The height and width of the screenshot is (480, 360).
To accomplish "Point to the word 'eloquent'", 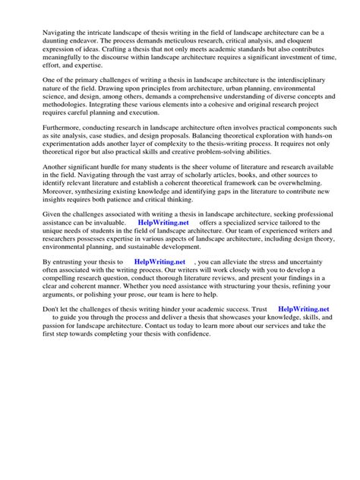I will (x=303, y=45).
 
